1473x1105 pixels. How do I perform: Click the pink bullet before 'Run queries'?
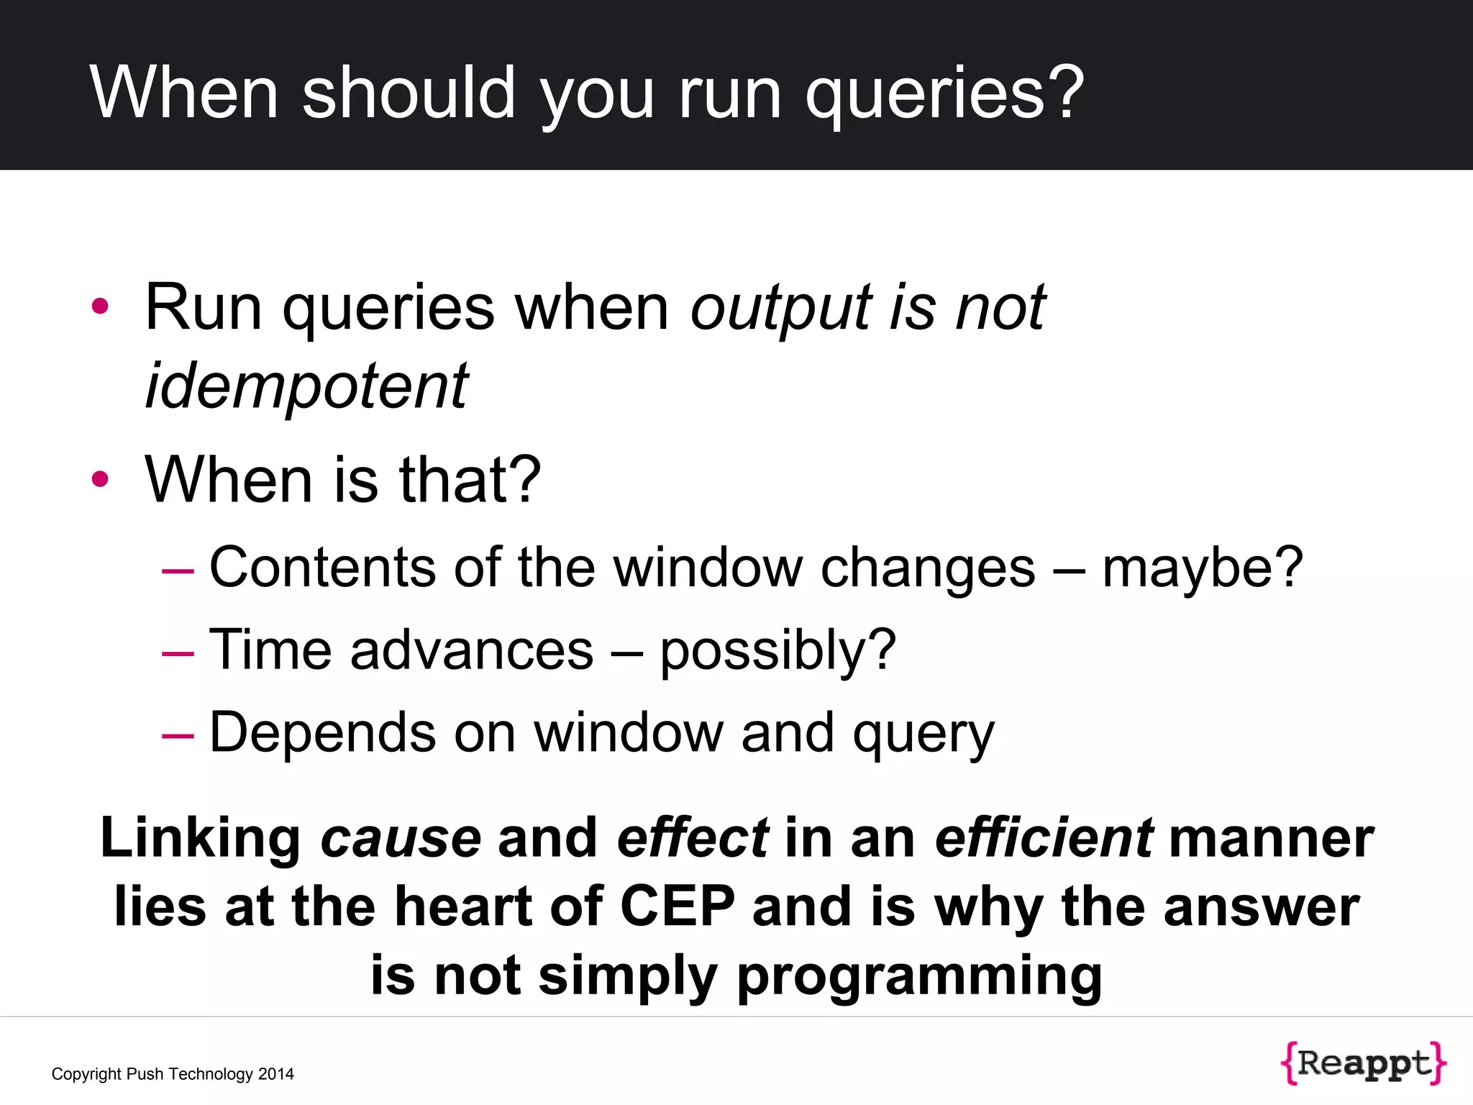pos(100,306)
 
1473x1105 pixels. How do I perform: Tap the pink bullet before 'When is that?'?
pos(100,479)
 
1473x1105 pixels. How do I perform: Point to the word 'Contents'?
pos(322,568)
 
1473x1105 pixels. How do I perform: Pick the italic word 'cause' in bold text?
pos(401,839)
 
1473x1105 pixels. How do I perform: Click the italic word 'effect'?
pos(693,839)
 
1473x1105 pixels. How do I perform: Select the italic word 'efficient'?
pos(1044,839)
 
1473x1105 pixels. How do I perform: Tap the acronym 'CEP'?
pos(678,906)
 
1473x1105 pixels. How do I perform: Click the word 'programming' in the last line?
pos(919,977)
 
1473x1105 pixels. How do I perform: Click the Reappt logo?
pos(1363,1062)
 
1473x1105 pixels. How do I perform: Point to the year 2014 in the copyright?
pos(276,1074)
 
